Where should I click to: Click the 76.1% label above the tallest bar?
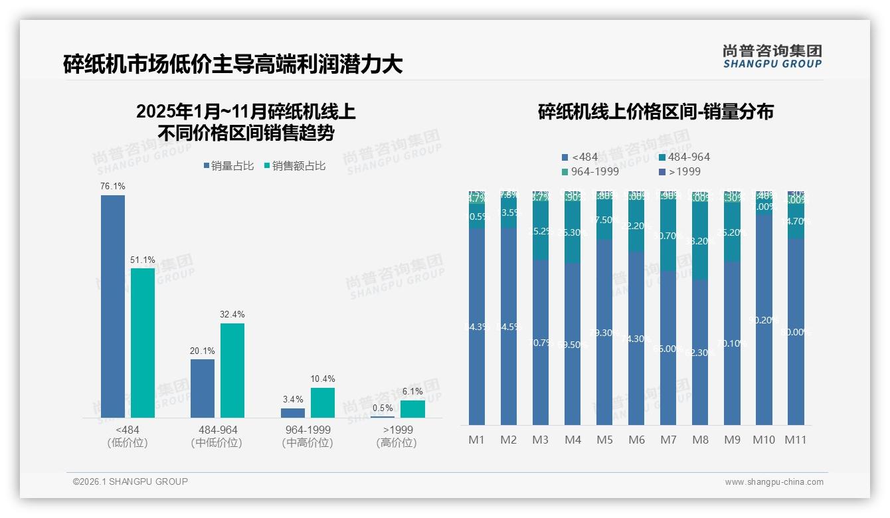click(x=112, y=186)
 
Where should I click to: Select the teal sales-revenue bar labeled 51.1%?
click(x=142, y=342)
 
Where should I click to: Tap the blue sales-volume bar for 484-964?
click(x=202, y=388)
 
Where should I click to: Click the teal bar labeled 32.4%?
click(x=232, y=370)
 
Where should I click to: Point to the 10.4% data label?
click(x=322, y=379)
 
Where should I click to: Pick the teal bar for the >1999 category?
click(x=412, y=409)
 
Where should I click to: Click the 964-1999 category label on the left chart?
click(x=306, y=430)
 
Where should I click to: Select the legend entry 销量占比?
click(x=227, y=166)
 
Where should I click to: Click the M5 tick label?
click(x=604, y=440)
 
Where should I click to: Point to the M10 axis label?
click(x=764, y=440)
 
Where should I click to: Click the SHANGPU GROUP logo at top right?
click(x=772, y=56)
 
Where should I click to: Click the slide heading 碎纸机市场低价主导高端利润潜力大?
click(x=232, y=64)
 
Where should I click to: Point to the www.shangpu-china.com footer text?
click(x=774, y=482)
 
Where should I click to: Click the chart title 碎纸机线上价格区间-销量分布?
click(x=655, y=112)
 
